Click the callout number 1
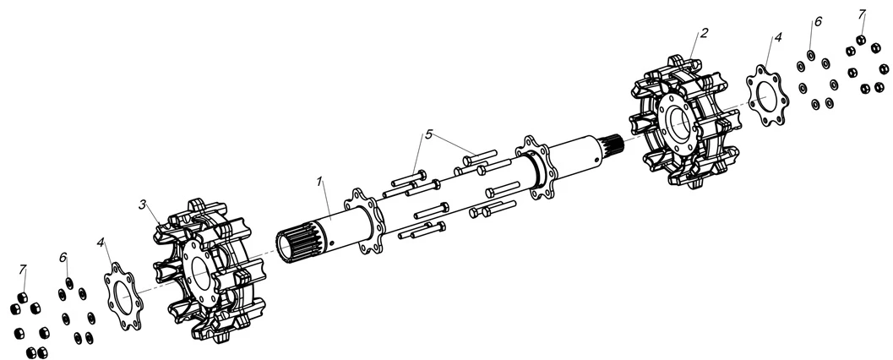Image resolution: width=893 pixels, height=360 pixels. point(320,182)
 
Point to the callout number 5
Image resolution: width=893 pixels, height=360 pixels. point(428,134)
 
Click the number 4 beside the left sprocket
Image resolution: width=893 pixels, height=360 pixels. point(101,243)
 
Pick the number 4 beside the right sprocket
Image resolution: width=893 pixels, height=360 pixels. point(778,38)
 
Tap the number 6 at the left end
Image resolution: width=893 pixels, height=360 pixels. point(63,257)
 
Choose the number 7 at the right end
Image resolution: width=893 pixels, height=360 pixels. point(863,14)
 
